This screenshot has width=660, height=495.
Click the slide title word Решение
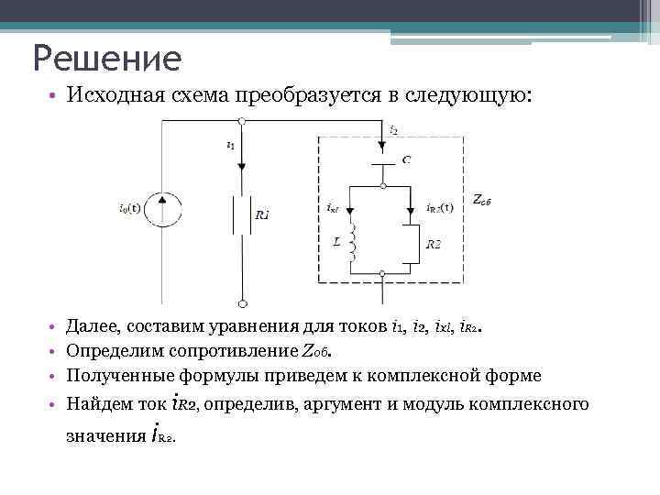[107, 59]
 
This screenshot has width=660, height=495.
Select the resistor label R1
[263, 215]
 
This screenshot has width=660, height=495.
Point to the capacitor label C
[405, 159]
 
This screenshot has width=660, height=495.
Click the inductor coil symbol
[353, 243]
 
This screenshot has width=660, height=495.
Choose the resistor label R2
[434, 244]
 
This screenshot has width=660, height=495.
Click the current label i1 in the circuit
[230, 145]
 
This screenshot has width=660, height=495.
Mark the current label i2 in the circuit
[393, 129]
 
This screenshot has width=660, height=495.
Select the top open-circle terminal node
[241, 121]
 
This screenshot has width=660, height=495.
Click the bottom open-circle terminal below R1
[241, 302]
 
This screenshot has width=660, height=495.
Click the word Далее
[94, 325]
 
